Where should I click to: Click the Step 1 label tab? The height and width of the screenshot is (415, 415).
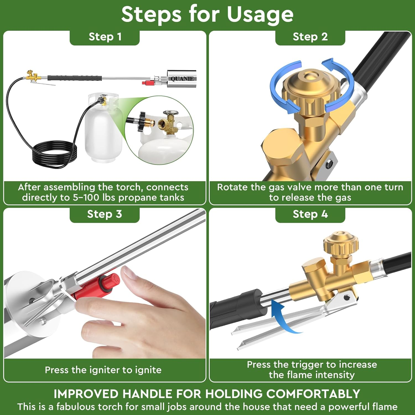click(x=105, y=37)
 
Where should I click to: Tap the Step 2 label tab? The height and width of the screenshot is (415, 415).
click(x=310, y=37)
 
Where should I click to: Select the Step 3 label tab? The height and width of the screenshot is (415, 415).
click(x=105, y=214)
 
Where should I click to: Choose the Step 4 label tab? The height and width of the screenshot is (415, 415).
click(x=310, y=214)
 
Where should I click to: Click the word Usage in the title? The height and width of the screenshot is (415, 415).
click(x=260, y=14)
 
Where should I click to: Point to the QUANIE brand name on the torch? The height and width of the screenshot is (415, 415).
click(x=182, y=79)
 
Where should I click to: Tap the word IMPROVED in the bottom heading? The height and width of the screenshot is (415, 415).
click(x=86, y=394)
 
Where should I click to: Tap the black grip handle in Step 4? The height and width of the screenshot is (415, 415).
click(x=235, y=307)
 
